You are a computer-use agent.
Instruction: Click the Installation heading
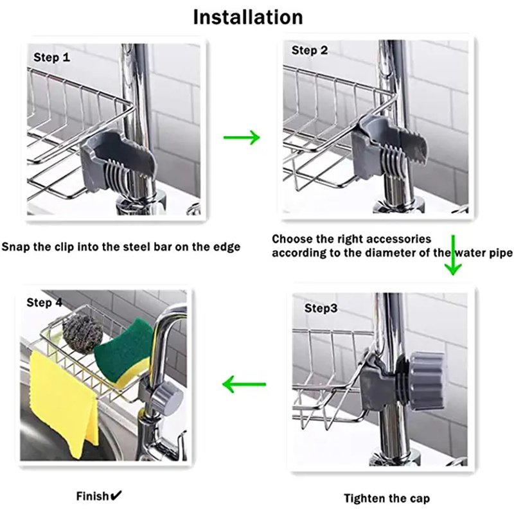pos(248,17)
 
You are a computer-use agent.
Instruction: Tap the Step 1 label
pos(52,58)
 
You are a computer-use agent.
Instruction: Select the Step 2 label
pos(310,50)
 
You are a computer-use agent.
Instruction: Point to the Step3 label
pos(321,308)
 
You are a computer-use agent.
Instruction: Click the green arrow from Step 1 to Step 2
pos(241,137)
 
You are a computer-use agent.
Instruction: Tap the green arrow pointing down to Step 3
pos(454,255)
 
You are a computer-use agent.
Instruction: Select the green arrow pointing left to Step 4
pos(244,385)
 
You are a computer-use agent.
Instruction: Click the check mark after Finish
pos(116,495)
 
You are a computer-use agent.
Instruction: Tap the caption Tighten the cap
pos(386,498)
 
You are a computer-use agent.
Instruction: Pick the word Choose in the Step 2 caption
pos(290,239)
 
